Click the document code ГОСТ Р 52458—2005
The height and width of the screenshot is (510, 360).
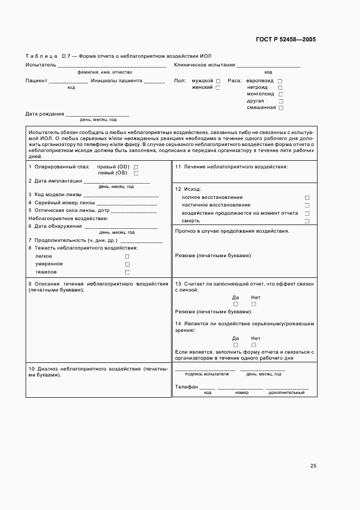285,40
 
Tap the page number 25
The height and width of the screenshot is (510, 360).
313,466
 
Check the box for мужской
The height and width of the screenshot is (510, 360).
218,81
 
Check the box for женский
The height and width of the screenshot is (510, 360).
218,88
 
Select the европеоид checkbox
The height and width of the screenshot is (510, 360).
280,81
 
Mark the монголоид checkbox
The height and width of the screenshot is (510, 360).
280,94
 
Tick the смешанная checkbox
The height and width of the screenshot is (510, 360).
281,108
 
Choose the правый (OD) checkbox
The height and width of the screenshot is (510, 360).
136,167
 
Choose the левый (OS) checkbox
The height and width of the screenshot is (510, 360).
136,174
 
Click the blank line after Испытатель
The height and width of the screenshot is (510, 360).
112,66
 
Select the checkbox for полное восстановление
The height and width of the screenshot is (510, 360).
307,198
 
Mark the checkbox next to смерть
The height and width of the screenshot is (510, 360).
307,221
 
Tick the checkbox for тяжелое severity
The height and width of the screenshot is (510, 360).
127,272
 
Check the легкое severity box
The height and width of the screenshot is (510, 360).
127,256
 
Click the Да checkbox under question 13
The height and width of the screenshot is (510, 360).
236,304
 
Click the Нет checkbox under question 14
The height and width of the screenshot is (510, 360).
254,345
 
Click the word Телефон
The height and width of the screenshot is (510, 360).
186,386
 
